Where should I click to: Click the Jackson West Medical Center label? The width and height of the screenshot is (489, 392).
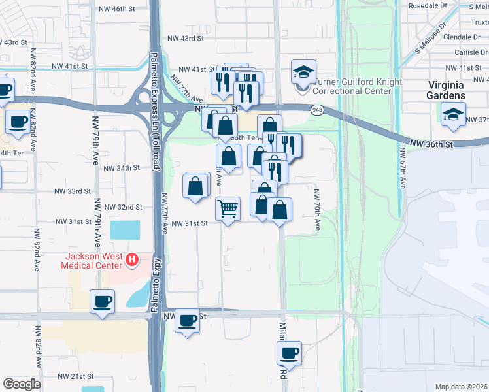pyautogui.click(x=91, y=260)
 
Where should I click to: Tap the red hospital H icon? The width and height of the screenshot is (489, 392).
pyautogui.click(x=133, y=260)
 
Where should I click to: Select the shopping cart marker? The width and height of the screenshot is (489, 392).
pyautogui.click(x=228, y=209)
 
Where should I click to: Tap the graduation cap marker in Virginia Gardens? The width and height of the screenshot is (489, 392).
pyautogui.click(x=454, y=114)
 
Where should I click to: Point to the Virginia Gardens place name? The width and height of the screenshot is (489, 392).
pyautogui.click(x=447, y=90)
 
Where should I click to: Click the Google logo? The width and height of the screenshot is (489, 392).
pyautogui.click(x=21, y=384)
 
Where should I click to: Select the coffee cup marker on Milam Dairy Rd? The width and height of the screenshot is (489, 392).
pyautogui.click(x=288, y=353)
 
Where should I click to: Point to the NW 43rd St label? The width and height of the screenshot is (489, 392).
pyautogui.click(x=188, y=39)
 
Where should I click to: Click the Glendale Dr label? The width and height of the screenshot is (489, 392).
pyautogui.click(x=462, y=37)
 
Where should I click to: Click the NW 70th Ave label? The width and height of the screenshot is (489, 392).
pyautogui.click(x=316, y=210)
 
